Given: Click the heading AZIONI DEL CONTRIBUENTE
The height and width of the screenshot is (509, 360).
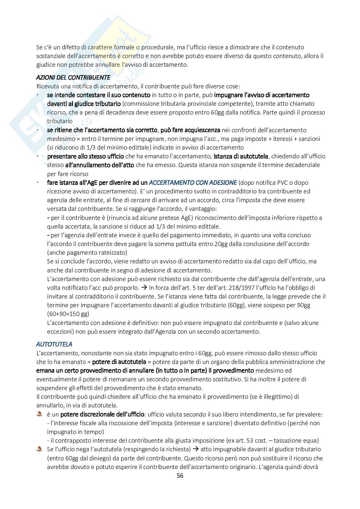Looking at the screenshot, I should pos(73,78).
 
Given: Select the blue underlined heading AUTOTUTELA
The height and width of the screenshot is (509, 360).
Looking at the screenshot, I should pos(54,344).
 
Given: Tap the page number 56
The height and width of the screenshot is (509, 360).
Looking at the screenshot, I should pos(180,476).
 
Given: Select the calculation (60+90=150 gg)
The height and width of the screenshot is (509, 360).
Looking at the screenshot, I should pos(68,314).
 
